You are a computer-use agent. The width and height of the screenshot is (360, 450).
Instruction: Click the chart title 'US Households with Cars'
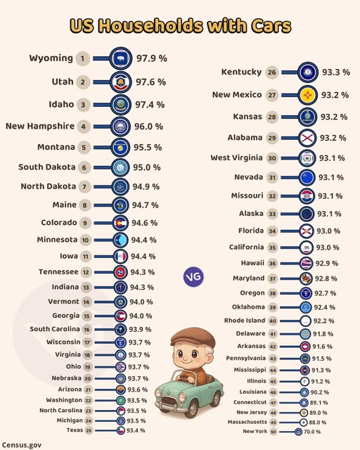(180, 26)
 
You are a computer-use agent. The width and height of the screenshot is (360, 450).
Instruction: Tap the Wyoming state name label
(51, 58)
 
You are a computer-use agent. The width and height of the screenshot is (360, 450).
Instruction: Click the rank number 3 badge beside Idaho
(84, 105)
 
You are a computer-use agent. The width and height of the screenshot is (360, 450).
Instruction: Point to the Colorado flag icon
(121, 223)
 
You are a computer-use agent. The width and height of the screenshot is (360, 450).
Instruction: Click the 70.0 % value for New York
(318, 432)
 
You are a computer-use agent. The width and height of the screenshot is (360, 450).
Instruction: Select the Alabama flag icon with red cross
(307, 138)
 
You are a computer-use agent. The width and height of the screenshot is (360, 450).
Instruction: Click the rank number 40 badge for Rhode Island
(292, 321)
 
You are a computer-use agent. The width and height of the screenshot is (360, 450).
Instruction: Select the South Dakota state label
(46, 167)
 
